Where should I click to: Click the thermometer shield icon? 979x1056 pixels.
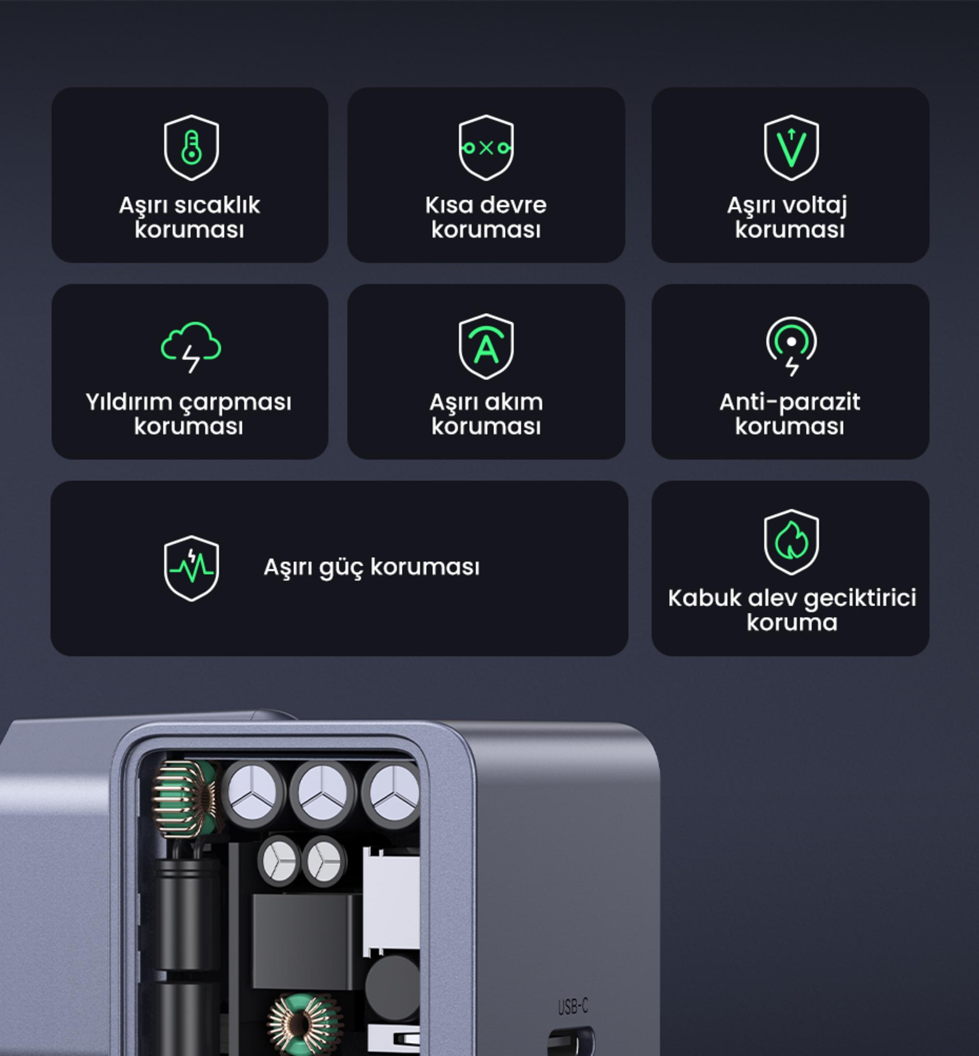pyautogui.click(x=191, y=148)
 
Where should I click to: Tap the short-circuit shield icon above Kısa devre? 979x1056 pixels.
pyautogui.click(x=486, y=148)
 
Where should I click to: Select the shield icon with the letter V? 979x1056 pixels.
pyautogui.click(x=791, y=148)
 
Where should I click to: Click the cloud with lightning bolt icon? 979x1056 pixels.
pyautogui.click(x=191, y=347)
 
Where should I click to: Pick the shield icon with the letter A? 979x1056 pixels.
pyautogui.click(x=486, y=347)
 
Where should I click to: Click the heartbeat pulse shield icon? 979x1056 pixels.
pyautogui.click(x=191, y=568)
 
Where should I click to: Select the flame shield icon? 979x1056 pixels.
pyautogui.click(x=791, y=542)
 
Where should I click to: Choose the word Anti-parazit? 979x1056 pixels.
pyautogui.click(x=789, y=402)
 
